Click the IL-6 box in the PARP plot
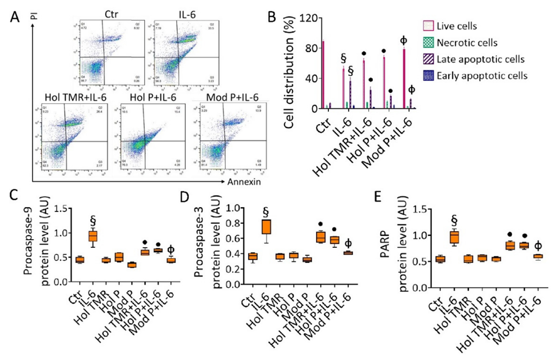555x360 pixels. (x=454, y=237)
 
